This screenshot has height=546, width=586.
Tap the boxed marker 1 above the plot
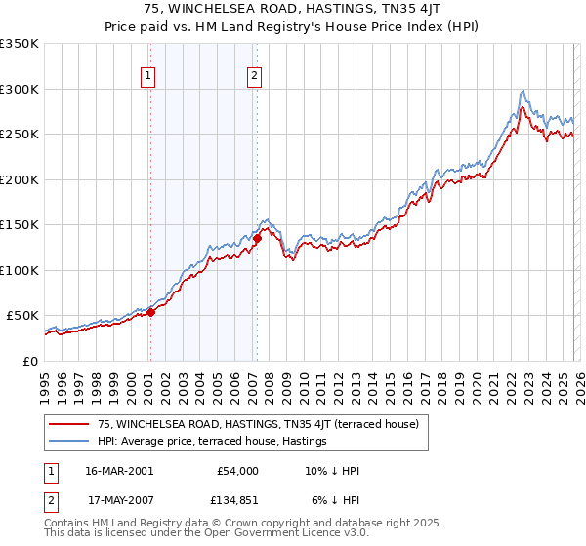coord(148,76)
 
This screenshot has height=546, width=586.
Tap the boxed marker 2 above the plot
coord(254,76)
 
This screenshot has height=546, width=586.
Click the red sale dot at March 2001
coord(151,312)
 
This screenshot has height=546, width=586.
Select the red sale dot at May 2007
coord(257,238)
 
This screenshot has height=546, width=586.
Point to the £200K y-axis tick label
coord(20,179)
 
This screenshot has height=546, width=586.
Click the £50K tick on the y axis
coord(22,316)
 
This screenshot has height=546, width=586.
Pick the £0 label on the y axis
coord(29,361)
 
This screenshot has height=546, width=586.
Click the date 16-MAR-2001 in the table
coord(118,471)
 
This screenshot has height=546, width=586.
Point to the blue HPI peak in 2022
coord(523,91)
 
